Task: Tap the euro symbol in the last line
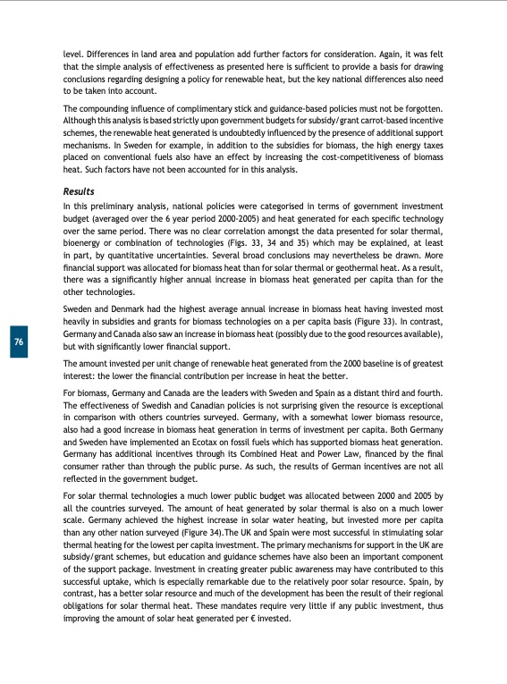[250, 619]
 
